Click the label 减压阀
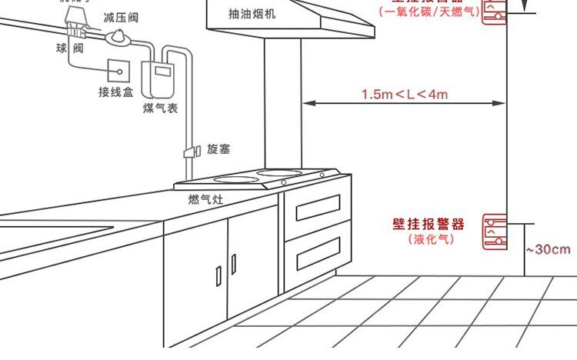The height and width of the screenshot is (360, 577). [121, 16]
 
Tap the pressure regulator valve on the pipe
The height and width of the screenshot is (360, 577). [118, 36]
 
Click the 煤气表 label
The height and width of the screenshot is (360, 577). [160, 108]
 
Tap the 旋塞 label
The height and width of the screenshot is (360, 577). [218, 148]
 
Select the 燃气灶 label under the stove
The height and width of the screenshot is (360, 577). [205, 199]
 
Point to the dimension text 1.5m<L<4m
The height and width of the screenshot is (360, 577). [405, 95]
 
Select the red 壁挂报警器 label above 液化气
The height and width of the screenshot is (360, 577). [429, 225]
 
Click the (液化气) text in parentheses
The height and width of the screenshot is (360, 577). [431, 239]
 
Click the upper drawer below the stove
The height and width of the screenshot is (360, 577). [312, 208]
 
